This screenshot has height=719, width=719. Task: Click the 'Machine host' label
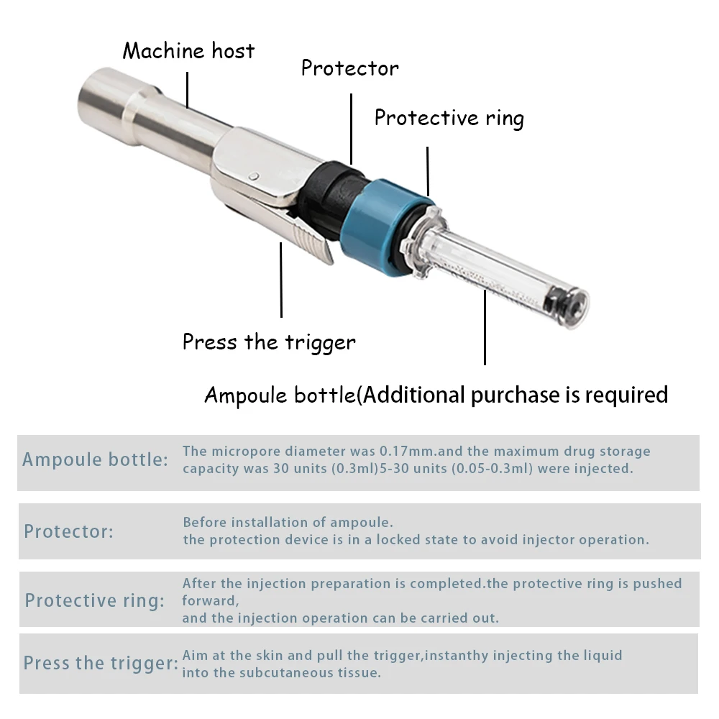coord(188,51)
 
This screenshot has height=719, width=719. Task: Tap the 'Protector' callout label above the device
coord(349,68)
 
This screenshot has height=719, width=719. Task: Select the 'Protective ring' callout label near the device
coord(449,118)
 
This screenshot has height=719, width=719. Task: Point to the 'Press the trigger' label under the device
coord(269,342)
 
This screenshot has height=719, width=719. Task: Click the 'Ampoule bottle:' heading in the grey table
coord(96,459)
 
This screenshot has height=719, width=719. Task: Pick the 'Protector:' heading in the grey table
coord(68,532)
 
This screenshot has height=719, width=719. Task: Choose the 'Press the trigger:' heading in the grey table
coord(101,663)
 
